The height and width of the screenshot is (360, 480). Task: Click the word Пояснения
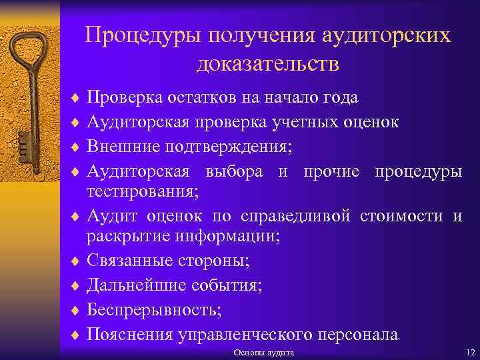[x=130, y=334]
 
